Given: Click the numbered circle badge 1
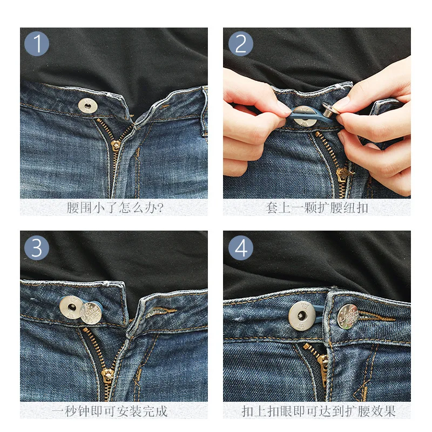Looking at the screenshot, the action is (x=37, y=44).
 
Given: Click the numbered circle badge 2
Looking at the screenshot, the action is (x=240, y=44).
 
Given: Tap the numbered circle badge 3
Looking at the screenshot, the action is (x=37, y=248).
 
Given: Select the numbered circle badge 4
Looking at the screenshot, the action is (x=240, y=248).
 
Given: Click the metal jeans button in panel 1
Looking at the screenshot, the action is (x=87, y=106).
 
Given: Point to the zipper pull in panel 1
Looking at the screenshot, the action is (x=115, y=145).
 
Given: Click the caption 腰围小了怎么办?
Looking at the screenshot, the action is (x=115, y=207).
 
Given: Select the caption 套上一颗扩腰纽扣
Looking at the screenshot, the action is (x=317, y=207).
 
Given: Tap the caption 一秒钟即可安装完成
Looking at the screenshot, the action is (x=110, y=411).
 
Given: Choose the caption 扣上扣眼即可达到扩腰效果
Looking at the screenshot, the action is (x=319, y=411).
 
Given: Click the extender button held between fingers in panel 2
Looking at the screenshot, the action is (x=330, y=110).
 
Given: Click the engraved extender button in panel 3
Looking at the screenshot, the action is (x=91, y=313).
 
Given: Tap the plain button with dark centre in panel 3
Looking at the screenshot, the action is (x=71, y=307).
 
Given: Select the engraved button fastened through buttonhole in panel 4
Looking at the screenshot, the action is (x=348, y=316).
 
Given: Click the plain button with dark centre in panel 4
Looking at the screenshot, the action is (x=302, y=316).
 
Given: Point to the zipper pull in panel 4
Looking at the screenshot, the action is (x=323, y=363).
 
